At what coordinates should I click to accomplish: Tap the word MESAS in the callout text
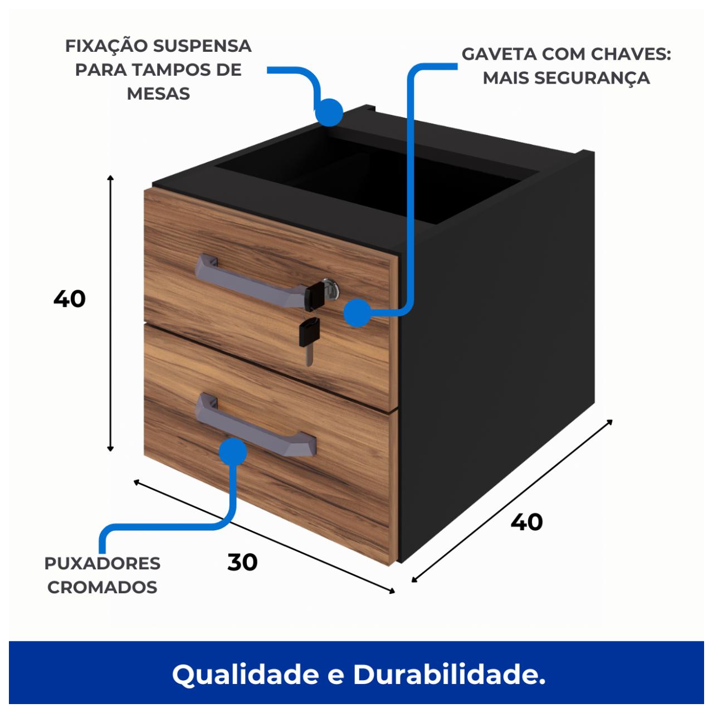pos(158,94)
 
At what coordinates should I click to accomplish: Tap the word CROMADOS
pos(102,587)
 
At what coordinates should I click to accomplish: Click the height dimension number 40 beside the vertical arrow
pos(70,299)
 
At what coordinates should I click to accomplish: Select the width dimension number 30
pos(242,563)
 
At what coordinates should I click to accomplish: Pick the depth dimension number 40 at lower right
pos(526,522)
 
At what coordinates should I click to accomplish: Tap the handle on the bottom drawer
pos(255,426)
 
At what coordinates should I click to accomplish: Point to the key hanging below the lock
pos(309,341)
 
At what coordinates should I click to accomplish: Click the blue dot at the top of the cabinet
pos(329,113)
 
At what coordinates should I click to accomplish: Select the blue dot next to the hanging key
pos(358,313)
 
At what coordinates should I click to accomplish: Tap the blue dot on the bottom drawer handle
pos(233,452)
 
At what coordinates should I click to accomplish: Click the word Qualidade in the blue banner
pos(245,675)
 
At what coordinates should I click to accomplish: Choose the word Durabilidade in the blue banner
pos(449,674)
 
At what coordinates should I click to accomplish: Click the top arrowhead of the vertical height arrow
pos(110,178)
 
